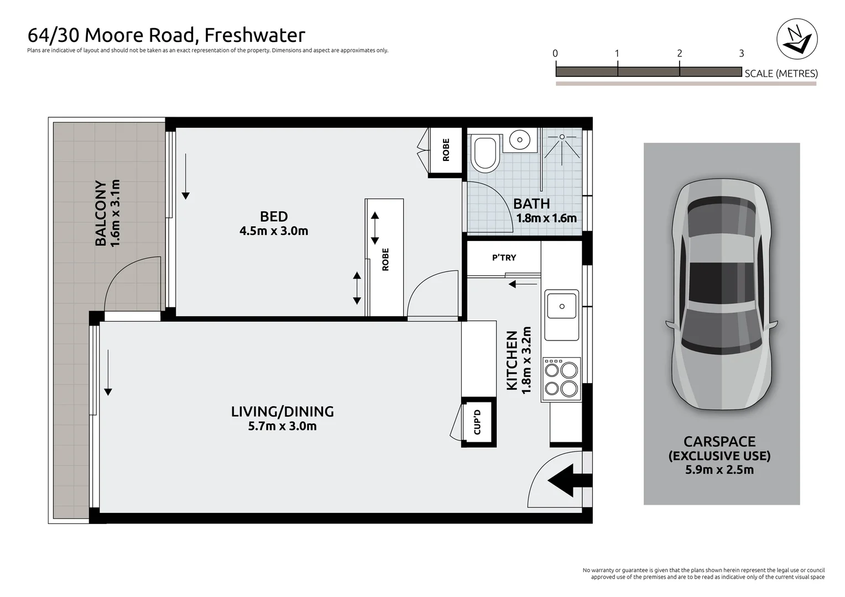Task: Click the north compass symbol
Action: (797, 39)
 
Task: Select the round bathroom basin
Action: (519, 140)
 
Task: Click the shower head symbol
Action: (562, 137)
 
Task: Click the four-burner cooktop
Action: (561, 379)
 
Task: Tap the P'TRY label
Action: (504, 258)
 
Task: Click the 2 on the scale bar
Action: (680, 54)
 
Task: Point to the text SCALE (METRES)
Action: (781, 74)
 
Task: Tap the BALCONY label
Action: (101, 213)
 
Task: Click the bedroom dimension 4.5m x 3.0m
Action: (274, 231)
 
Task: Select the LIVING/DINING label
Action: (283, 411)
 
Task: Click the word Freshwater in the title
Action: (254, 35)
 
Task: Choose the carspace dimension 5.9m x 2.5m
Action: (719, 470)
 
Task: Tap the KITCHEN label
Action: (512, 360)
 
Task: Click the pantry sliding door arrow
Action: (523, 284)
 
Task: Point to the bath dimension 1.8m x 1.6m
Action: (546, 218)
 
